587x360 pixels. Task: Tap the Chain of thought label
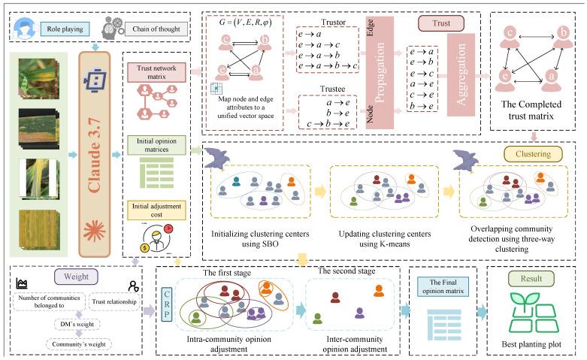(x=156, y=29)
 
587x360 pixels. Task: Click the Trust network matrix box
(x=157, y=72)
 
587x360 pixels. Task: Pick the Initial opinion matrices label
(x=156, y=144)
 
